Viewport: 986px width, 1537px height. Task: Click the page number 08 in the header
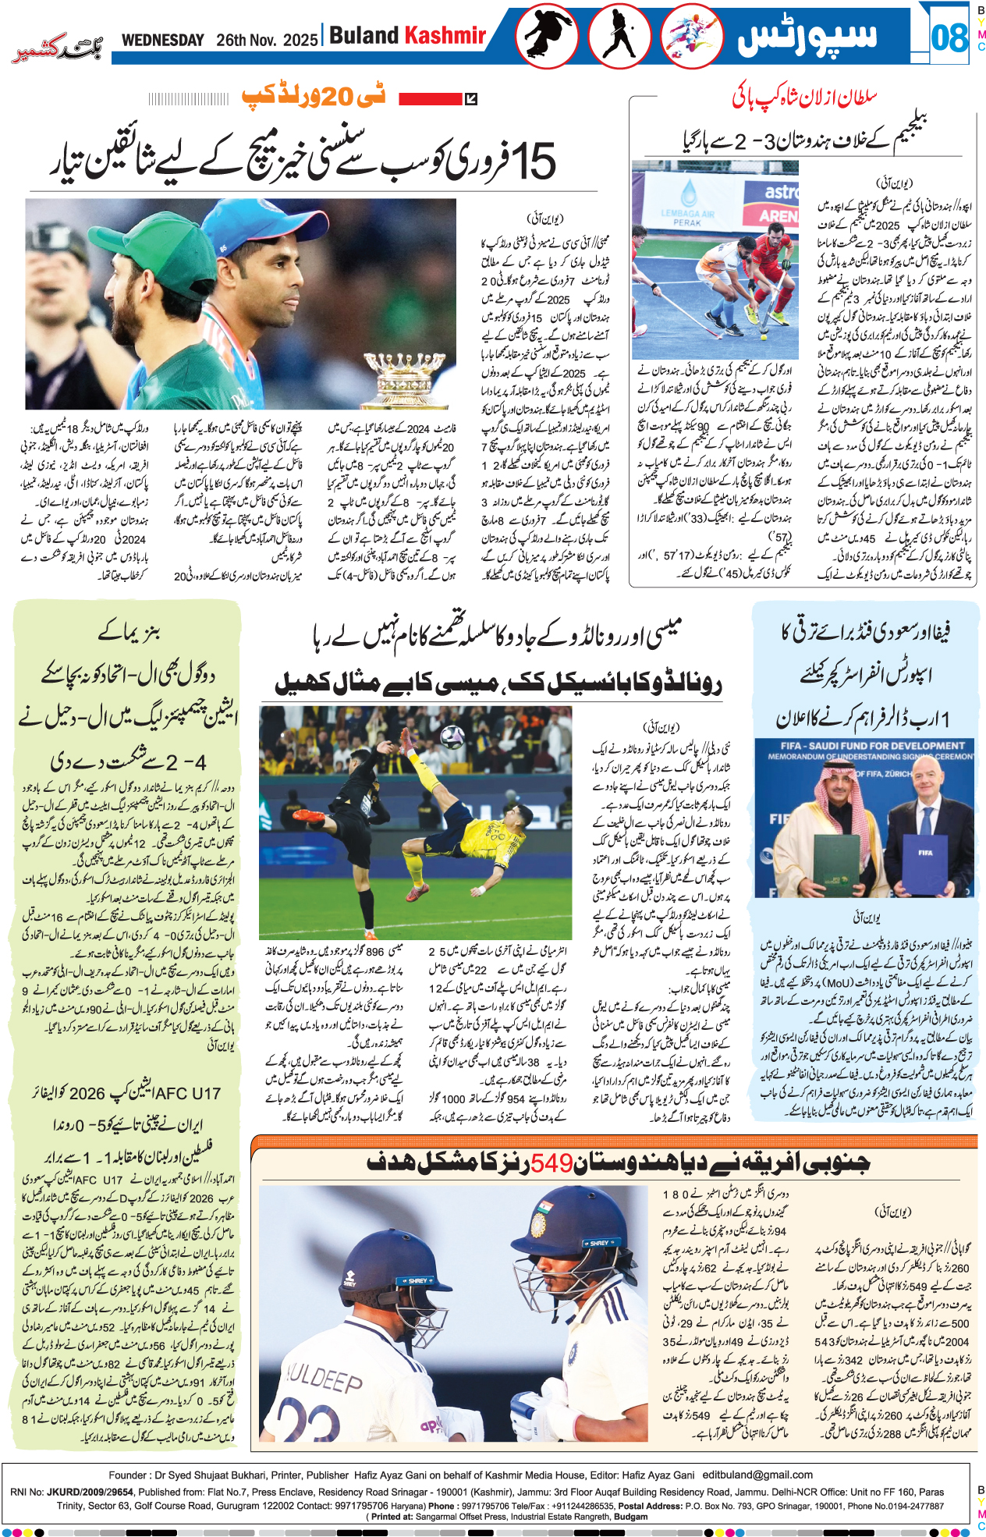click(x=949, y=37)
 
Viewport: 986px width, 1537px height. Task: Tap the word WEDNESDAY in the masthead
click(x=162, y=40)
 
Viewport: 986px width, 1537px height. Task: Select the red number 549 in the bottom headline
click(x=552, y=1163)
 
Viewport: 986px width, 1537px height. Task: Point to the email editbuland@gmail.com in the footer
click(x=757, y=1475)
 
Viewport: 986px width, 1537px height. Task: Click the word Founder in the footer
click(x=128, y=1475)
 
